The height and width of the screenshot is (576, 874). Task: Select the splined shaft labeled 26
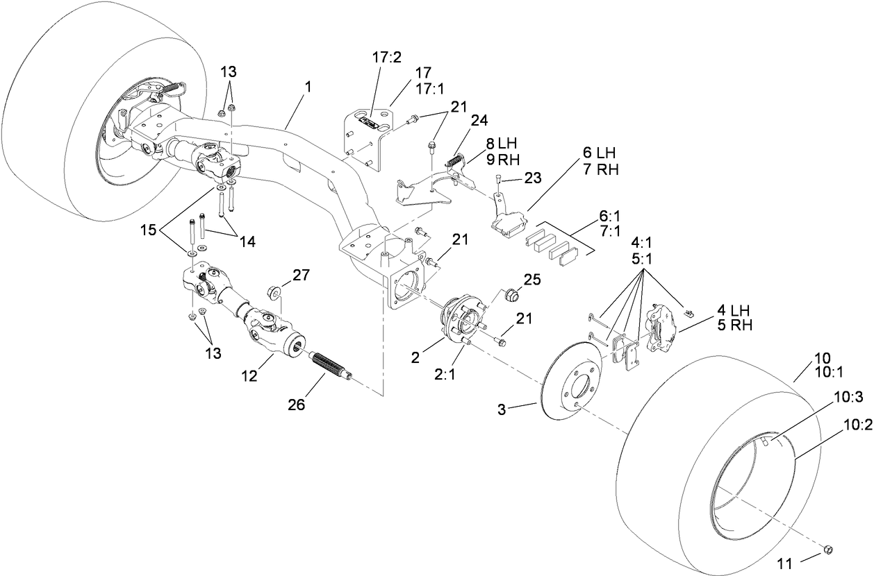point(331,366)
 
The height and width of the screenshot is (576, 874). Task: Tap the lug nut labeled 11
point(827,550)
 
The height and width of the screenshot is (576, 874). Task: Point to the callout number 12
point(249,376)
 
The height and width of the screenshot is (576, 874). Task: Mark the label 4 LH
point(730,310)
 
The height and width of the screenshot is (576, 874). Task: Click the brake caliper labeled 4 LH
point(660,325)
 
